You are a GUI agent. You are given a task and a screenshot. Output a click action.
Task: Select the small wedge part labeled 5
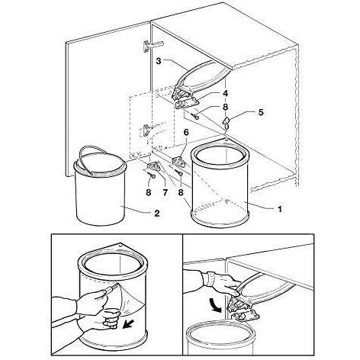[x=227, y=122]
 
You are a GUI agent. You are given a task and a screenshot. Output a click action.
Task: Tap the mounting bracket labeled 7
[x=153, y=167]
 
